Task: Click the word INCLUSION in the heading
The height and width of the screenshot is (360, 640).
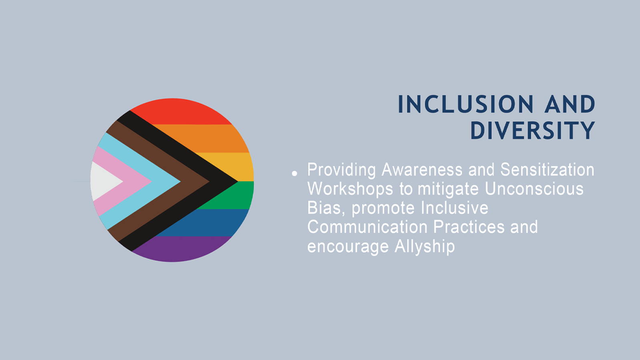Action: point(466,104)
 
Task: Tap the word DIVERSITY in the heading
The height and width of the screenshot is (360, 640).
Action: point(532,130)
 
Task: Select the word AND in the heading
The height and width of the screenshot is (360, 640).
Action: point(570,104)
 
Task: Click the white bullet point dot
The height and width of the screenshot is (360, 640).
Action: point(294,174)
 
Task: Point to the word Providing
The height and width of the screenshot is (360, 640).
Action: point(342,170)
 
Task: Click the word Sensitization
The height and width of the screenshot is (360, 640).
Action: point(548,170)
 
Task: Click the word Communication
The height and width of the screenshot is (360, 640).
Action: point(368,227)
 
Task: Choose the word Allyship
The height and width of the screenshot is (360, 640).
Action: point(424,247)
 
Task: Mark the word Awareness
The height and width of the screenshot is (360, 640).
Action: point(422,170)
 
